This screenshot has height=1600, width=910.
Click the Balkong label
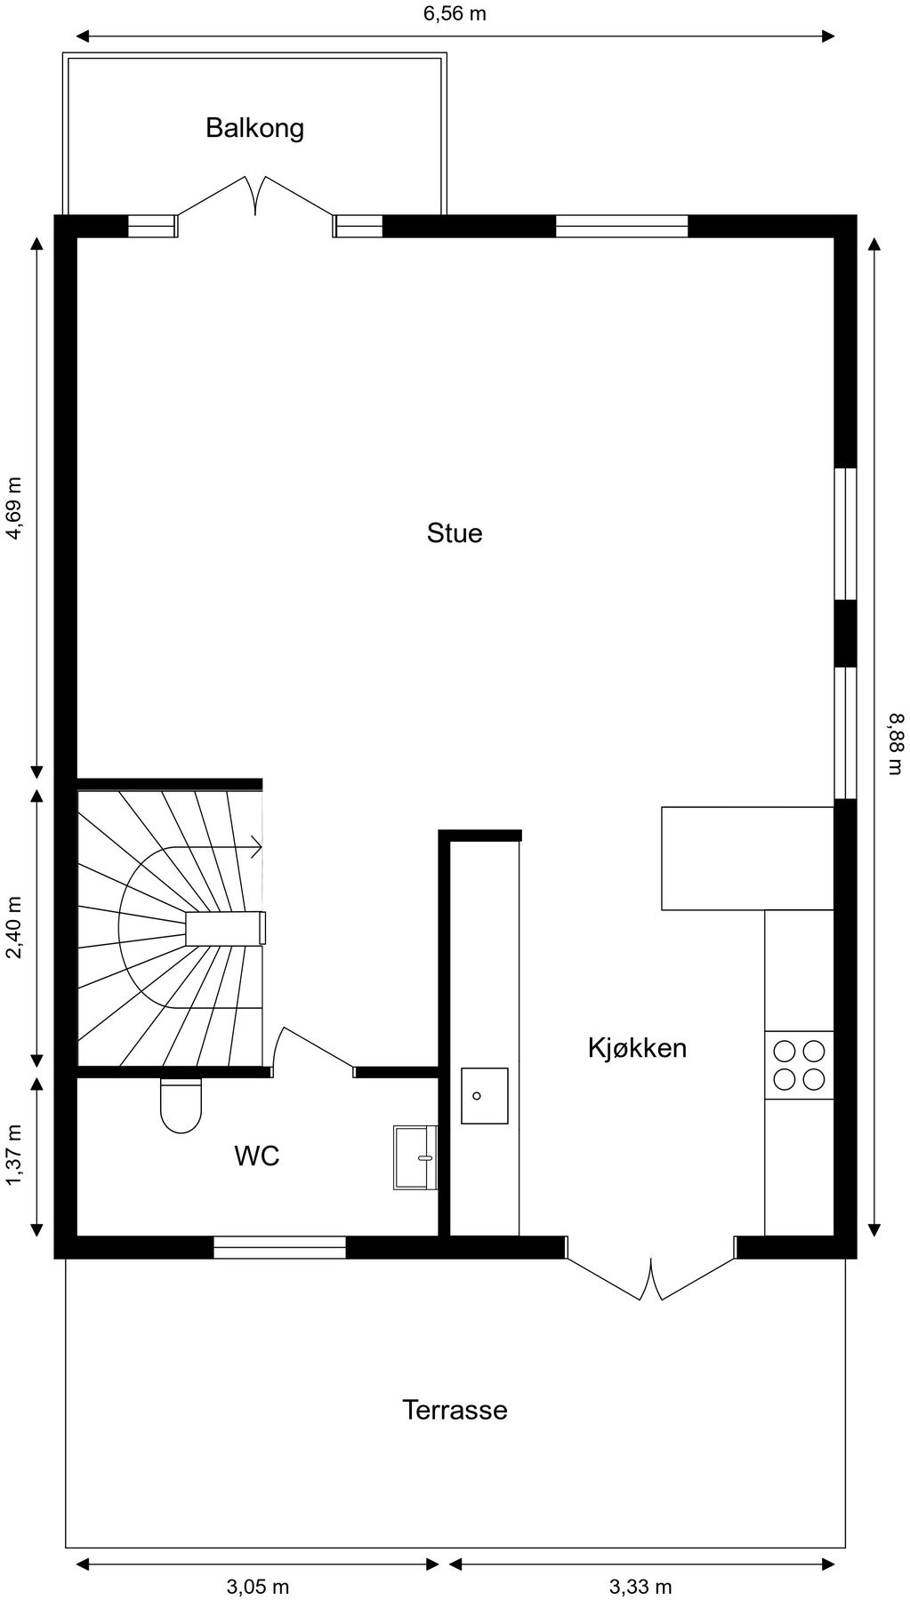[x=254, y=128]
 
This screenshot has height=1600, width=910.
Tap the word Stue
[x=455, y=533]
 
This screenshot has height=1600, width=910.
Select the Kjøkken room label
[x=637, y=1048]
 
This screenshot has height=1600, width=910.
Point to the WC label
[x=257, y=1156]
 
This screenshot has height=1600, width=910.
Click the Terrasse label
[x=455, y=1411]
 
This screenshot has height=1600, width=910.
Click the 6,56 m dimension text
[x=455, y=13]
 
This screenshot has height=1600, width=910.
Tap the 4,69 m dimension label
[x=14, y=508]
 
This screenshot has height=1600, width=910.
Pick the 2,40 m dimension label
[x=14, y=928]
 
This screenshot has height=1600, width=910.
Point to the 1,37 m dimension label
[x=14, y=1156]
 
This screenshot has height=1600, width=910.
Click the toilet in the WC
[x=181, y=1106]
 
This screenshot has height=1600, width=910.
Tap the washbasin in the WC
[x=415, y=1156]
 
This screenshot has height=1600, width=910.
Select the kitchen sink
[x=484, y=1096]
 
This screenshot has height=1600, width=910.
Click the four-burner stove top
[x=799, y=1065]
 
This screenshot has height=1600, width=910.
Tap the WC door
[x=313, y=1049]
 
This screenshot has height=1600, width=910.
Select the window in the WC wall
[x=279, y=1247]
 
